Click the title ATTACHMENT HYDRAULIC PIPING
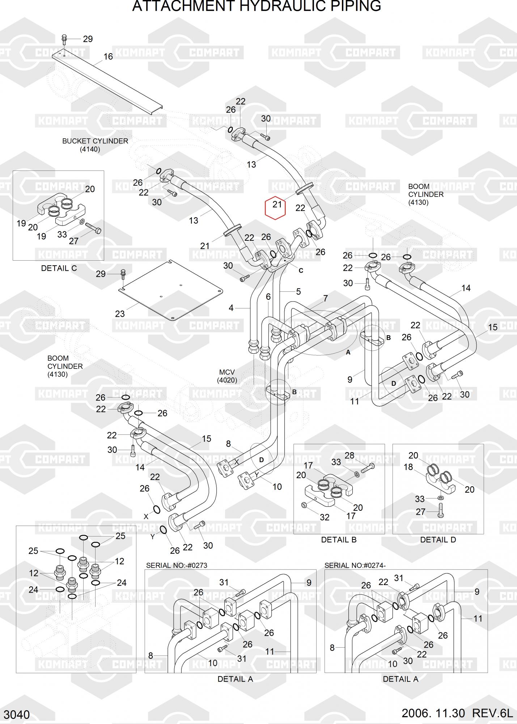click(257, 7)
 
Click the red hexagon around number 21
click(276, 208)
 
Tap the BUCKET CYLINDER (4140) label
click(95, 145)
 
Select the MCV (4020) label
click(227, 376)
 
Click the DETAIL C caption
click(59, 268)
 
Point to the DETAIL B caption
click(339, 540)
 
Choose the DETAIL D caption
click(438, 540)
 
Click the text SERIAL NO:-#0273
click(177, 565)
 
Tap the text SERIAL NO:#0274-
click(355, 565)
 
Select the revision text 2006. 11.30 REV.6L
click(457, 713)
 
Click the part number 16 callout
click(108, 56)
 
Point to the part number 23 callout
click(120, 314)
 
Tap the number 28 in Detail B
click(349, 455)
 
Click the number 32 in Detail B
click(325, 517)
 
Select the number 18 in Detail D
click(408, 467)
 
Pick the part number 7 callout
click(325, 298)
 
